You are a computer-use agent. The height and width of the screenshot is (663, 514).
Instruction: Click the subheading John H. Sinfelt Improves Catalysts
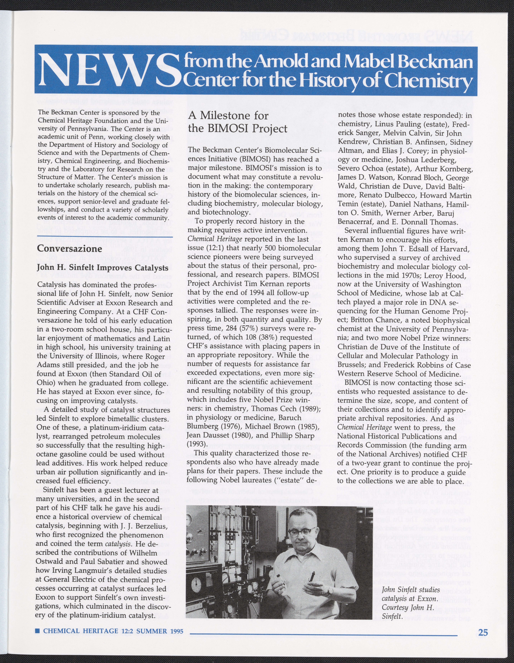coord(102,268)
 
